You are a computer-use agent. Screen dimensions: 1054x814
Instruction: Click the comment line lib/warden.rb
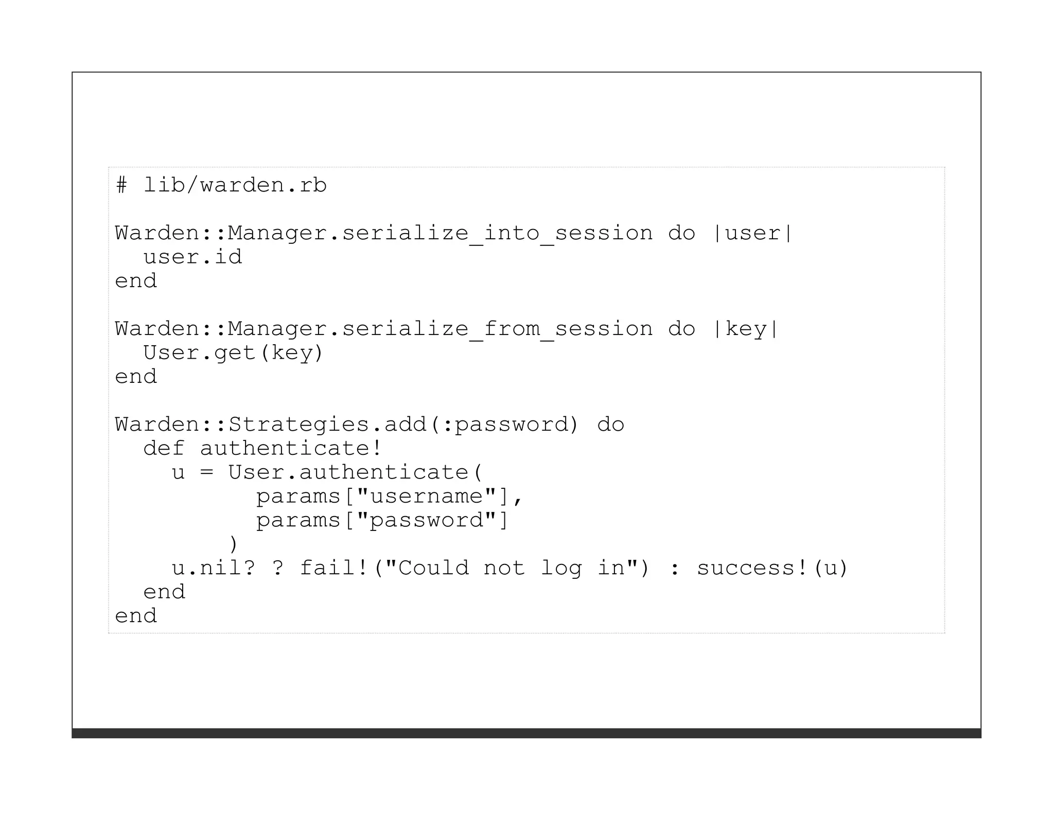(x=221, y=185)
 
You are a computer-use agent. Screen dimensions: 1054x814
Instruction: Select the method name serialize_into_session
(x=497, y=233)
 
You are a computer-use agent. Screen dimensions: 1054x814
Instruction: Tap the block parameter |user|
(x=752, y=233)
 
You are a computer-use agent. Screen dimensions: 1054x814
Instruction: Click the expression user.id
(x=192, y=257)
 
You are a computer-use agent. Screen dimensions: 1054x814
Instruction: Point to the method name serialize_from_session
(x=497, y=329)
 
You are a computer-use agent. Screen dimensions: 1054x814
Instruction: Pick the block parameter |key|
(x=745, y=329)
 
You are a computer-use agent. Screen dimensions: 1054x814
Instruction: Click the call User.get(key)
(x=233, y=353)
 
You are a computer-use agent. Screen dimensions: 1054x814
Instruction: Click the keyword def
(x=164, y=449)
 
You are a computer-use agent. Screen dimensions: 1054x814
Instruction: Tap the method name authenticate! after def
(x=291, y=449)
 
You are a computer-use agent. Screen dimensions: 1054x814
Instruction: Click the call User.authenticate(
(x=355, y=472)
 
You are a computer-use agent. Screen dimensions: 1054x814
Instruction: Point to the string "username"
(x=427, y=496)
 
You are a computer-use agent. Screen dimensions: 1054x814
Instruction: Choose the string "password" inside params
(x=427, y=520)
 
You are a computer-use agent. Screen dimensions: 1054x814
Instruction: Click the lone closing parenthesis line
(x=233, y=544)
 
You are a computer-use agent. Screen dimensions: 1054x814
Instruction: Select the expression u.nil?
(x=213, y=568)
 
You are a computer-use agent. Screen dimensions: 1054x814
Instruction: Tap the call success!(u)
(x=772, y=568)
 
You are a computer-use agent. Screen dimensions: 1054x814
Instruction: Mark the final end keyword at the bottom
(x=136, y=616)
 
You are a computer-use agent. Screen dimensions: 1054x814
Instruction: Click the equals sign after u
(x=206, y=472)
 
